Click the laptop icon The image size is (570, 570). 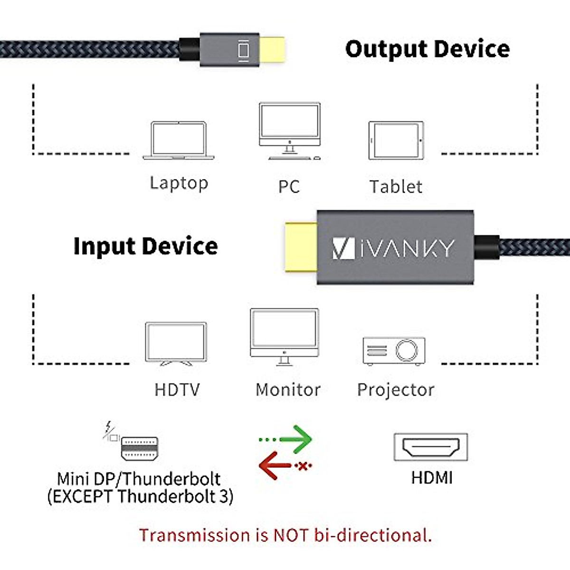[x=179, y=141]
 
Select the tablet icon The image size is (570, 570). [x=396, y=141]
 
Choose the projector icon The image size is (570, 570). [x=394, y=351]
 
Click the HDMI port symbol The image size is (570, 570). [x=430, y=447]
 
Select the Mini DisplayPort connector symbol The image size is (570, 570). [x=139, y=448]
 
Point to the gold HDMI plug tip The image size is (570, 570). [x=301, y=247]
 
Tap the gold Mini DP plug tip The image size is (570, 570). [x=271, y=49]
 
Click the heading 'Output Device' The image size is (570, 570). [x=427, y=49]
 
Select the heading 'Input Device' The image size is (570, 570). [x=145, y=246]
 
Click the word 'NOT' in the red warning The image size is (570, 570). [x=290, y=535]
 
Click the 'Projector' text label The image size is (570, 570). [x=395, y=390]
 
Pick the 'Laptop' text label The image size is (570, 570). [x=179, y=183]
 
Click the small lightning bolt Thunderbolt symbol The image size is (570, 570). [x=109, y=426]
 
